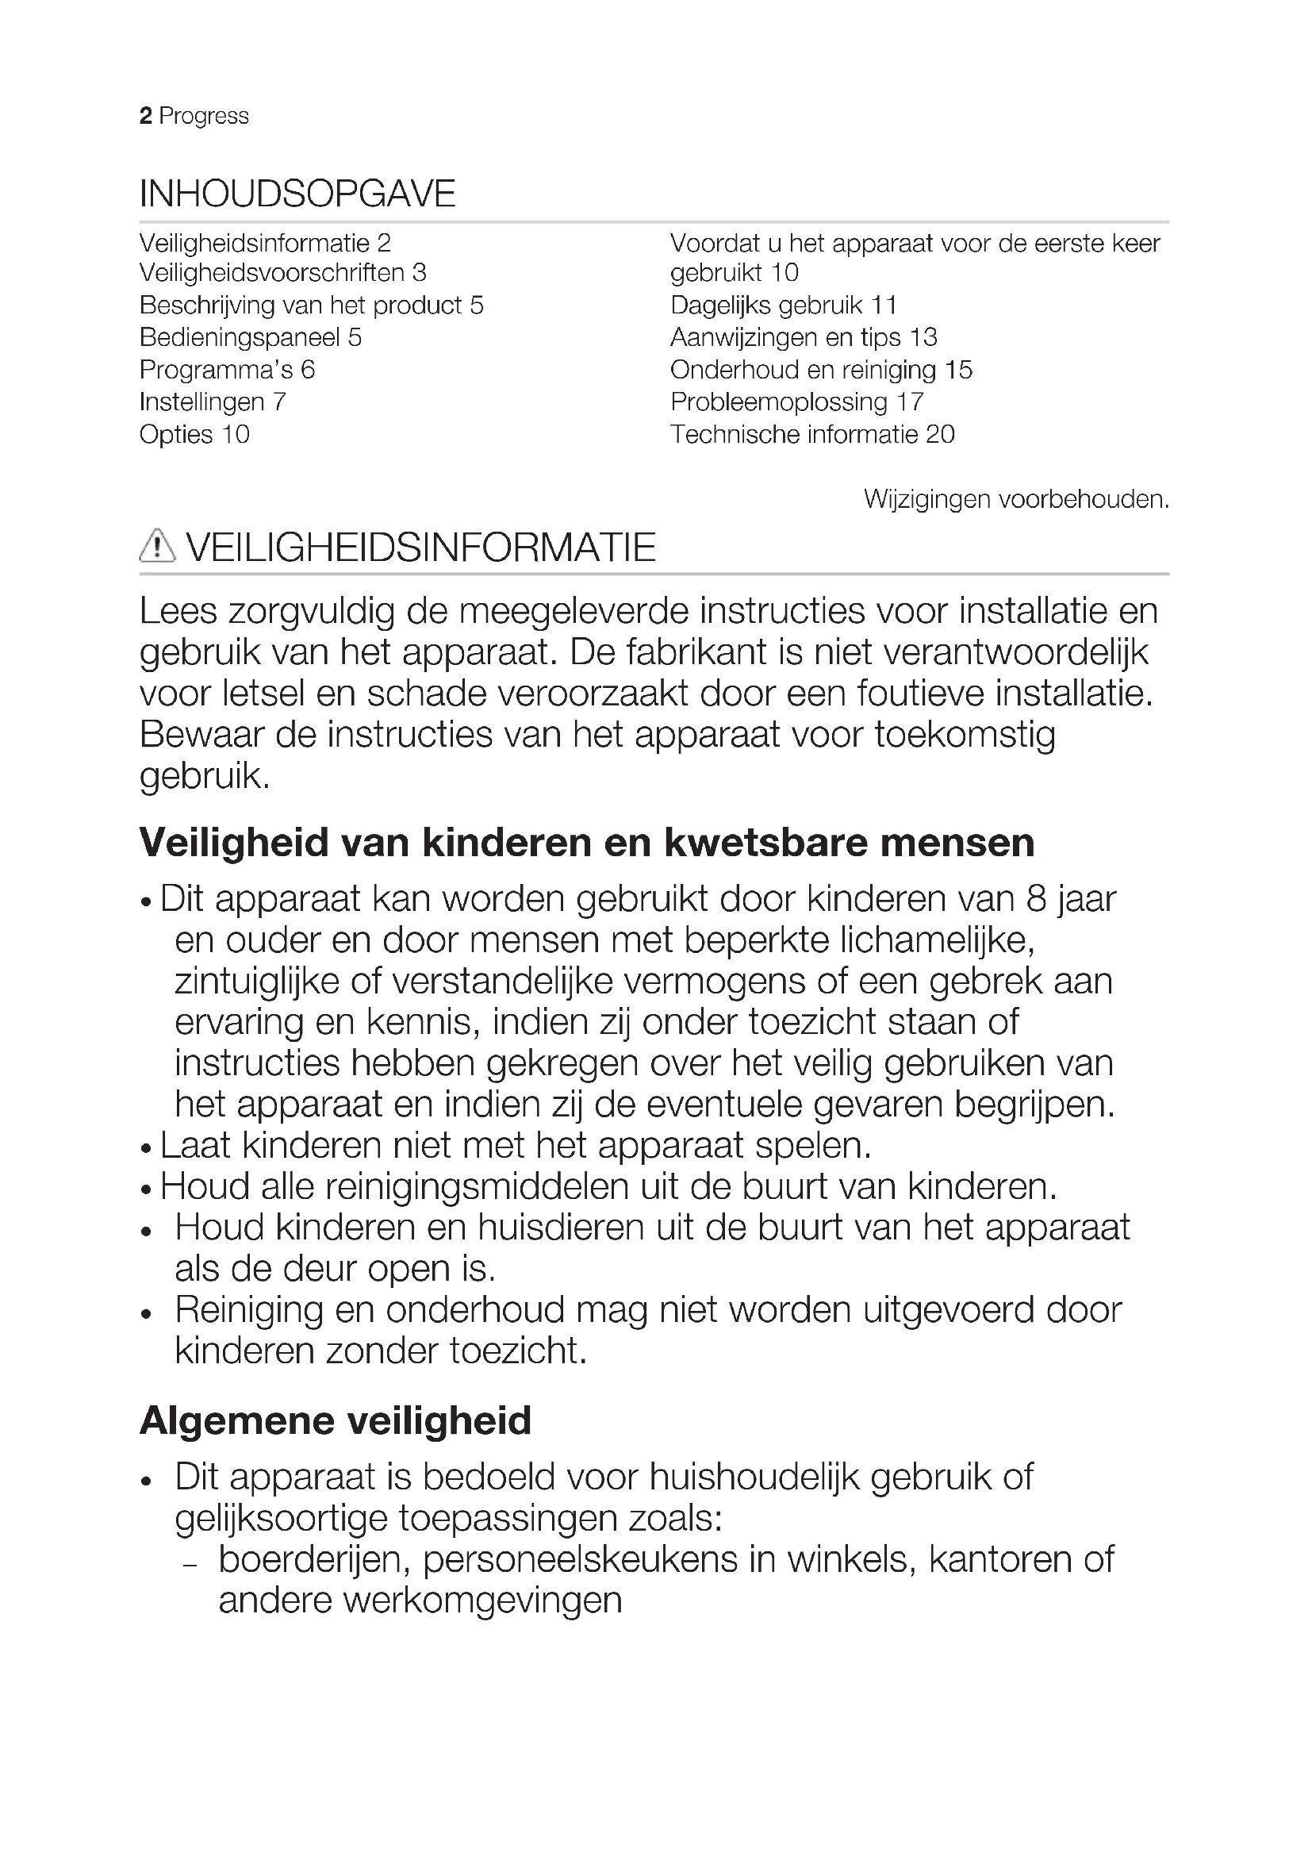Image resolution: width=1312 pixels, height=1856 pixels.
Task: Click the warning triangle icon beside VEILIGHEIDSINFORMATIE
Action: point(157,547)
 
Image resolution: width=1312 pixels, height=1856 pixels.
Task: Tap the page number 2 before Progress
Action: point(145,117)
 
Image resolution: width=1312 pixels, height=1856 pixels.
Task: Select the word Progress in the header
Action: point(204,117)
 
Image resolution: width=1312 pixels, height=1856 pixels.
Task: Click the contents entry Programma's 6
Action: point(227,371)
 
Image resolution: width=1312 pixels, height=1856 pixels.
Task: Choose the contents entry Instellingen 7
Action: point(213,402)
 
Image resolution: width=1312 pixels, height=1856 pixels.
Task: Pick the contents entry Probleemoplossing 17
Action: point(796,402)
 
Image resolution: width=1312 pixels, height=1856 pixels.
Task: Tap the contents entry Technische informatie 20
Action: point(812,435)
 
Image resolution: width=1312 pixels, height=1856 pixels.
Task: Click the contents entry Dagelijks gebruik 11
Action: point(784,305)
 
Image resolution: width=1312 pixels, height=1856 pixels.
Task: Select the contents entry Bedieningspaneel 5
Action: point(251,338)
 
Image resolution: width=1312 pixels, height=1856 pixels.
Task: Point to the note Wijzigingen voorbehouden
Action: point(1015,500)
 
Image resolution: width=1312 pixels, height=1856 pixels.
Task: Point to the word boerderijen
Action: point(309,1560)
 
